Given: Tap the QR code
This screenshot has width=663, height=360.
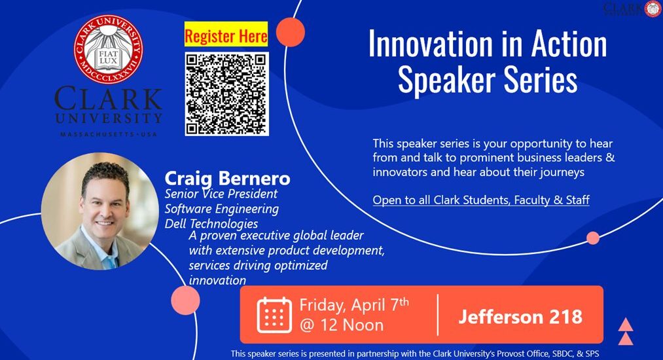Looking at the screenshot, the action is [226, 94].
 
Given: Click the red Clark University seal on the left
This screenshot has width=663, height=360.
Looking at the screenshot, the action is [108, 49].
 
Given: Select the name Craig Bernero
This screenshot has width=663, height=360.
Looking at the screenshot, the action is [227, 179].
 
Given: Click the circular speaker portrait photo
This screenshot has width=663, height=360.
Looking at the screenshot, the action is [100, 211].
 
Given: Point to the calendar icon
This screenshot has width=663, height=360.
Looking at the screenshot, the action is [274, 315].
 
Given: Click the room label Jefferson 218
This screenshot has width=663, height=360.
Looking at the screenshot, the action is [520, 317].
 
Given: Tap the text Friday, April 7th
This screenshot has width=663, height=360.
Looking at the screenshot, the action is [354, 304].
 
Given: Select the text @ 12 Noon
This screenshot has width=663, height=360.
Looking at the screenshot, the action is [342, 325].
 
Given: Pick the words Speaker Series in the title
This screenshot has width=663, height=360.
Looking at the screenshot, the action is [488, 80].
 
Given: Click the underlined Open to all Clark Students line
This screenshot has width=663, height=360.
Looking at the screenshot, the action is [481, 200].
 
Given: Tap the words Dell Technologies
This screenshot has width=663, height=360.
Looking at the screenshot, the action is [211, 223].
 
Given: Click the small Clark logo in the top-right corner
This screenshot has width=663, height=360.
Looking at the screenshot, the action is [632, 9].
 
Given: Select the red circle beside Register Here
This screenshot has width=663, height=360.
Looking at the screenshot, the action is [291, 32].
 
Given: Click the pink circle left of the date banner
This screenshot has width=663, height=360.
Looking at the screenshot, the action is [185, 300].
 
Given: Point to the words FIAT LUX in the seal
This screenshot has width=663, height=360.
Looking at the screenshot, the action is [108, 57].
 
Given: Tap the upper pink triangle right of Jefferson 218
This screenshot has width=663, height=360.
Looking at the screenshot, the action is [626, 325].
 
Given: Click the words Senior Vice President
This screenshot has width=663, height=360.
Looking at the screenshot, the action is [221, 194].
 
